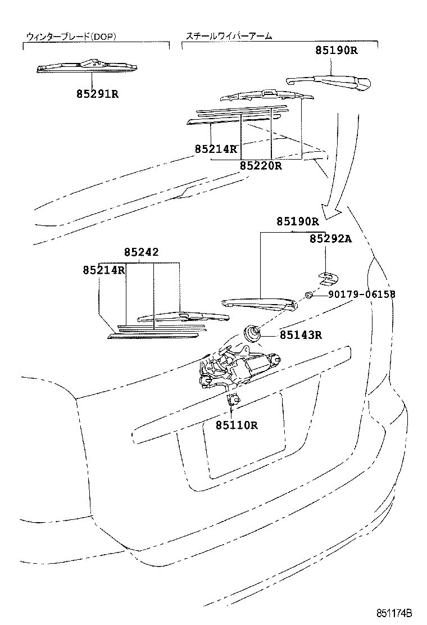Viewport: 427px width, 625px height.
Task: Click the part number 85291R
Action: pyautogui.click(x=98, y=94)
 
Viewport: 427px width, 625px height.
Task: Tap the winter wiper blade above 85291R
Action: pyautogui.click(x=88, y=67)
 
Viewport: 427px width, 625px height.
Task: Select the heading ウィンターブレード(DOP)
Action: pyautogui.click(x=71, y=37)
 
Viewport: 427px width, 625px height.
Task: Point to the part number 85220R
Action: pyautogui.click(x=261, y=166)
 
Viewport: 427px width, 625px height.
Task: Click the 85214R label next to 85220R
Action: pyautogui.click(x=216, y=149)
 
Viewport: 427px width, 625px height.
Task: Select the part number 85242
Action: pyautogui.click(x=141, y=252)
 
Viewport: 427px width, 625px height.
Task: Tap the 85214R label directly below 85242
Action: pyautogui.click(x=104, y=270)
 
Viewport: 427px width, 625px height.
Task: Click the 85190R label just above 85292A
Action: pyautogui.click(x=297, y=221)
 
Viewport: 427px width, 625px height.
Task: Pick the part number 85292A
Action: pyautogui.click(x=330, y=239)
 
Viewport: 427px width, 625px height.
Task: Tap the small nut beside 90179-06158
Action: pyautogui.click(x=308, y=295)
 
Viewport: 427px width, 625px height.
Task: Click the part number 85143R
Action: pyautogui.click(x=301, y=336)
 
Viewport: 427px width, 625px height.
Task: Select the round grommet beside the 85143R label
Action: pyautogui.click(x=252, y=334)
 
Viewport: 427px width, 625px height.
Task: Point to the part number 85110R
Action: pyautogui.click(x=236, y=425)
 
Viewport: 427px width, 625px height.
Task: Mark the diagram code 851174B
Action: pyautogui.click(x=394, y=613)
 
